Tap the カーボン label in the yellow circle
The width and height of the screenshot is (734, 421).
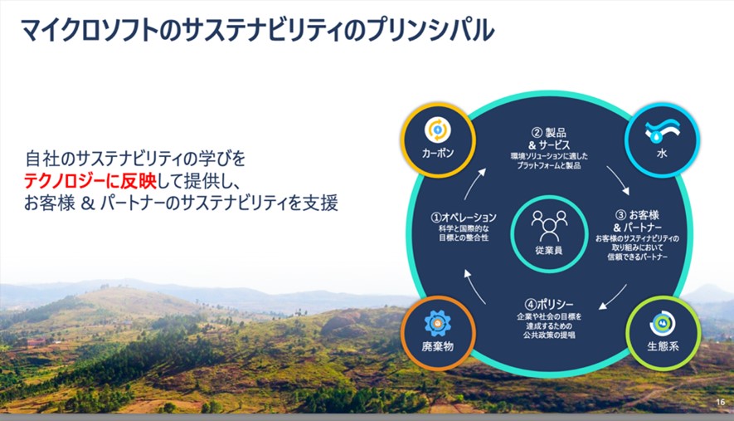point(436,154)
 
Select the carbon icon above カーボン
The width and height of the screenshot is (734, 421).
point(436,130)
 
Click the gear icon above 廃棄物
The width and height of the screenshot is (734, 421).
point(436,321)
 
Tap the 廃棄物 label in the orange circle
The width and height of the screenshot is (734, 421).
point(436,345)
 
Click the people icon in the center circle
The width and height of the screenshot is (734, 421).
point(549,223)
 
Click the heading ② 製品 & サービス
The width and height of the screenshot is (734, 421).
point(548,139)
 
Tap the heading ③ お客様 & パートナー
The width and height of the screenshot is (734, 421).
point(639,221)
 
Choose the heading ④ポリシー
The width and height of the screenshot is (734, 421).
point(549,304)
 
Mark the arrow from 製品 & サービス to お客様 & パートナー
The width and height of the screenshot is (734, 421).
point(616,177)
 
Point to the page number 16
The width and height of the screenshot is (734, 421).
point(719,402)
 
